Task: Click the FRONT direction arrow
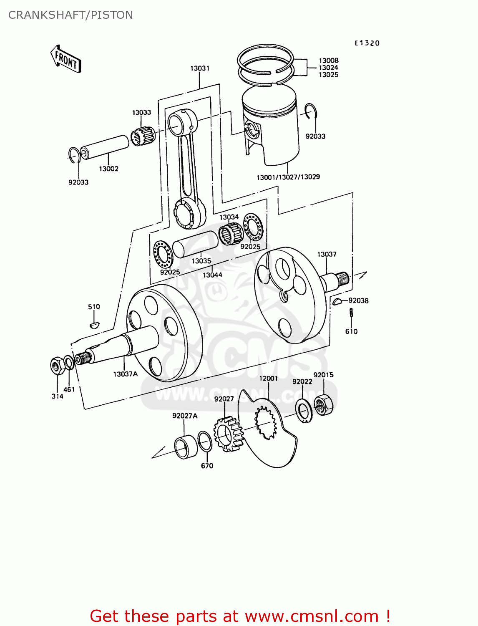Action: pyautogui.click(x=65, y=59)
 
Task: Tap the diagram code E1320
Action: pyautogui.click(x=367, y=43)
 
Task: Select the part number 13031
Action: pyautogui.click(x=200, y=68)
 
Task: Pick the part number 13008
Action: pyautogui.click(x=329, y=61)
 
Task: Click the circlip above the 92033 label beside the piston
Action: pyautogui.click(x=311, y=111)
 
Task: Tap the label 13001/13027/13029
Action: pyautogui.click(x=288, y=177)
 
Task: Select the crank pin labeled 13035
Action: pyautogui.click(x=195, y=243)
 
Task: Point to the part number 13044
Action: pyautogui.click(x=212, y=275)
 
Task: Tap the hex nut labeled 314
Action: pyautogui.click(x=56, y=366)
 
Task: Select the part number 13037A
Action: pyautogui.click(x=125, y=374)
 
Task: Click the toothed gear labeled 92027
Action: pyautogui.click(x=227, y=434)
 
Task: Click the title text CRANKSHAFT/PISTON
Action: pyautogui.click(x=70, y=15)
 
